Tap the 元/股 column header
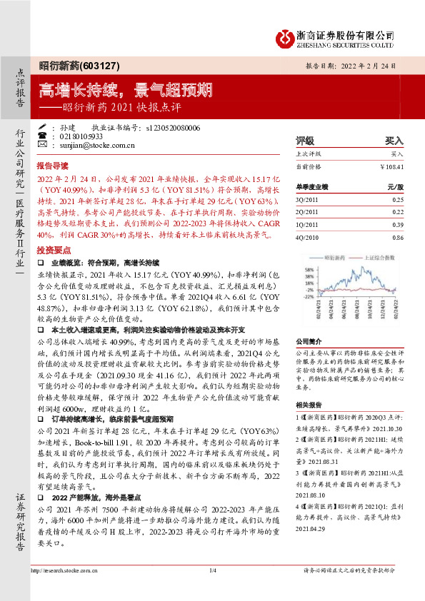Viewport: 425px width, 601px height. pos(395,186)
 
